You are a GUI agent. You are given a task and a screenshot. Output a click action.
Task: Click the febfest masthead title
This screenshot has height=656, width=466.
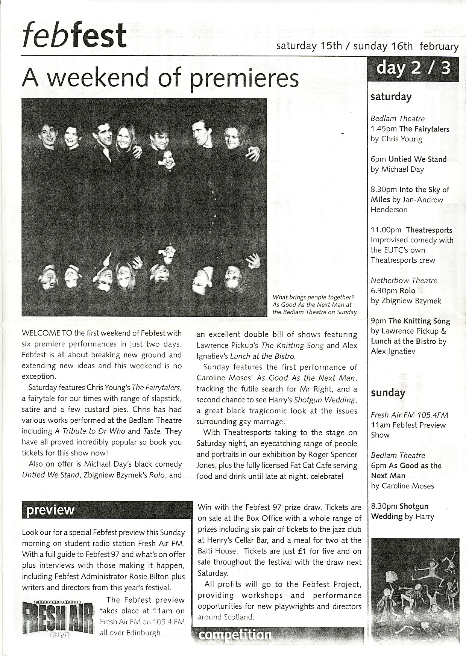point(74,36)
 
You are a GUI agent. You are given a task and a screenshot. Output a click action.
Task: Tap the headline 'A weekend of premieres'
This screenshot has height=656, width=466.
point(160,77)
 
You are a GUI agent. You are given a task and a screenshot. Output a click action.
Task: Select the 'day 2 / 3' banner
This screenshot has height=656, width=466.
point(413,69)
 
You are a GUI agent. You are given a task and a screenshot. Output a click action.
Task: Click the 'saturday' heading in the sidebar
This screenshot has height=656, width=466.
point(391,97)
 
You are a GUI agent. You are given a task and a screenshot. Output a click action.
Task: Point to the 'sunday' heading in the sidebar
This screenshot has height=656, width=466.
point(388,393)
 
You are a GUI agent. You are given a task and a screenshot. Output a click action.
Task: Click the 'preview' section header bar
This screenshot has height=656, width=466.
point(107,510)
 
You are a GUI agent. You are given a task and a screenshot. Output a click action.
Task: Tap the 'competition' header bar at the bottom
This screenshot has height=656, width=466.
point(278,635)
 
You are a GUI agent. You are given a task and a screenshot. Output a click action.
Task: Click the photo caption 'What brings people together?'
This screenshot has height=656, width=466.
point(314,298)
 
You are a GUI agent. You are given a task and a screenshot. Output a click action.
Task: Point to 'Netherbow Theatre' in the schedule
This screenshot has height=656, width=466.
point(399,281)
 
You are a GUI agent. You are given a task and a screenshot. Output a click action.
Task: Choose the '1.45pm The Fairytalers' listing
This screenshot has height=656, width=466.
point(410,129)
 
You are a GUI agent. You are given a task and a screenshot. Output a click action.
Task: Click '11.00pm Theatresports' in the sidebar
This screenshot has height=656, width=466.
point(411,230)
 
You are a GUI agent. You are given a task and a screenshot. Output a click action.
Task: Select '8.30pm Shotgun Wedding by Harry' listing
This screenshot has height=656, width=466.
point(402,511)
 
